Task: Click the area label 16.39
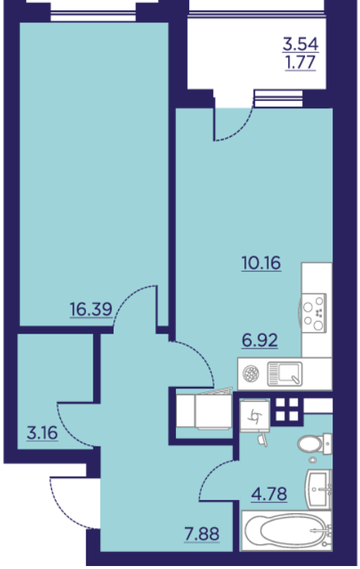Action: coord(91,310)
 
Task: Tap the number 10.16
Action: coord(261,263)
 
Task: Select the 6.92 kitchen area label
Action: coord(260,340)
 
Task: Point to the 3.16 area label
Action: coord(42,432)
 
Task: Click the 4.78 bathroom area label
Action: coord(269,494)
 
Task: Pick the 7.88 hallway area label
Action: coord(202,534)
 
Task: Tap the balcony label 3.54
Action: coord(301,45)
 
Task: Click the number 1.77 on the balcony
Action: coord(301,62)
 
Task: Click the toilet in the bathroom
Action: coord(314,443)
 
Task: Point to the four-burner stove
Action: coord(314,312)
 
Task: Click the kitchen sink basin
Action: coord(284,374)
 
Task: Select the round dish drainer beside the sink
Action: coord(251,374)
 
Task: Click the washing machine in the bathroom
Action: coord(255,415)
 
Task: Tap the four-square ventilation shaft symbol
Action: coord(287,409)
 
